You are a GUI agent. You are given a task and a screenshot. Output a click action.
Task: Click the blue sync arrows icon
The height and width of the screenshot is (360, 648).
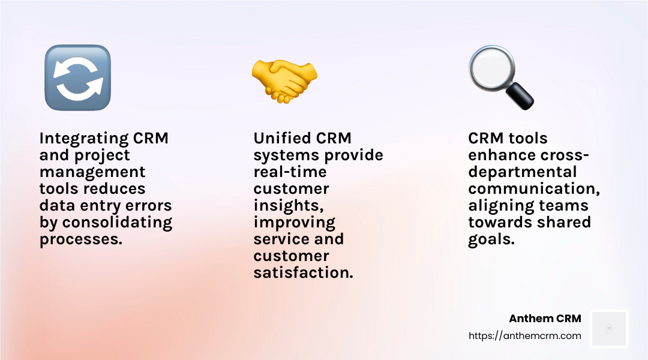coord(77,77)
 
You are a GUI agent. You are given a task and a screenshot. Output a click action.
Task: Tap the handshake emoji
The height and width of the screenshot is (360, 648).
coord(284,79)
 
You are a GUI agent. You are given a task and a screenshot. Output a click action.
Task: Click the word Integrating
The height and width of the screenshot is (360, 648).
coord(84,139)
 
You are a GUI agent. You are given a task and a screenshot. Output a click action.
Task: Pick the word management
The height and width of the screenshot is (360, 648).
coord(92,172)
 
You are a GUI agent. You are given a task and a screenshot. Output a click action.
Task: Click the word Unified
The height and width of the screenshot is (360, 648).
coord(281,139)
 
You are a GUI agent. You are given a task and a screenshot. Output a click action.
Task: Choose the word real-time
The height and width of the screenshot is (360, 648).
coord(290,172)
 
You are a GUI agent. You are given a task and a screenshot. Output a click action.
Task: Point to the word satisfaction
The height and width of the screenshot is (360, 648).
coord(303,273)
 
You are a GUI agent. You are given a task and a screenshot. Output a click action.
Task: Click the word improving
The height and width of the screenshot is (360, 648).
coord(294,223)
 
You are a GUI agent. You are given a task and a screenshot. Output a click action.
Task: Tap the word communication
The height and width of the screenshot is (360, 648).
coord(534,189)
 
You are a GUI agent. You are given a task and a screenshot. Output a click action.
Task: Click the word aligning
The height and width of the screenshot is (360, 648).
coord(503,206)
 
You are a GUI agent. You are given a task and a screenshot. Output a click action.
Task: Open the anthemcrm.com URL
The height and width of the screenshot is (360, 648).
coord(525,336)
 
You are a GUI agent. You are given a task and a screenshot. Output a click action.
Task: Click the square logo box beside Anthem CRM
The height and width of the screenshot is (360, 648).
coord(609,329)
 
